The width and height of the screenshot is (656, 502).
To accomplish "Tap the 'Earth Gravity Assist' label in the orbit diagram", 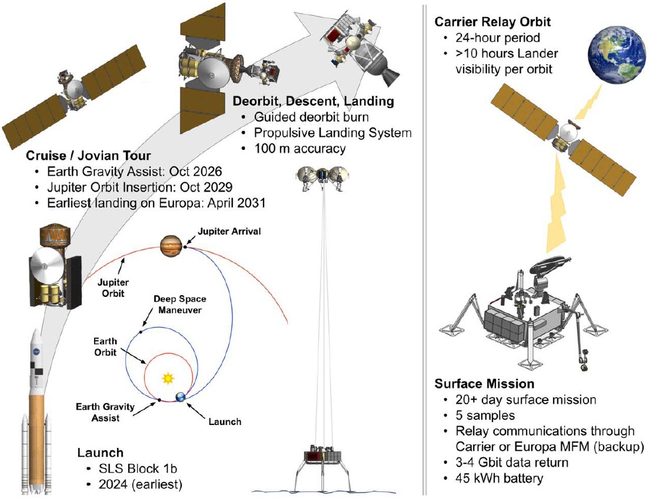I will tap(105, 411).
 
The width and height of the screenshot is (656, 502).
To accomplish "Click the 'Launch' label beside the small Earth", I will tap(225, 421).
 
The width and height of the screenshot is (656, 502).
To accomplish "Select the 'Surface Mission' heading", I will tap(484, 384).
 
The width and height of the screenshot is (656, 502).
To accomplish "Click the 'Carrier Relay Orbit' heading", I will tap(493, 22).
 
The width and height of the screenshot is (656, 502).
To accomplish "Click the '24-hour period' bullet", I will tap(495, 39).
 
